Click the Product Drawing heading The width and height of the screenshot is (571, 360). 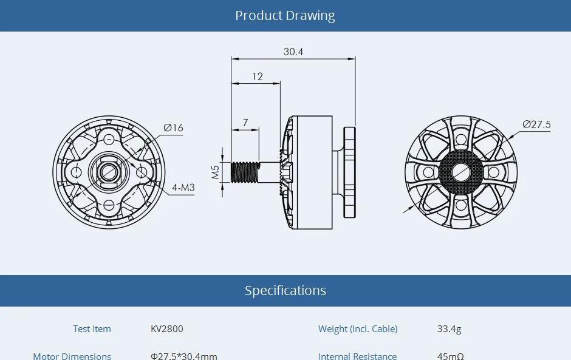[x=285, y=16]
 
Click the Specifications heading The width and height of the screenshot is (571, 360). [x=285, y=291]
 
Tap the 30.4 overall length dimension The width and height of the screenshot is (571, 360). [x=293, y=52]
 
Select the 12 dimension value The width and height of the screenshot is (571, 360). [x=258, y=76]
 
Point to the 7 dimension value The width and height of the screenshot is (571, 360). [x=245, y=122]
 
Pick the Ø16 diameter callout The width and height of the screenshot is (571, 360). [x=173, y=127]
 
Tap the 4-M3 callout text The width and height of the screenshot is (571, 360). [x=183, y=188]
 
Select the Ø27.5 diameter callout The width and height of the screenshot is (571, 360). [x=536, y=124]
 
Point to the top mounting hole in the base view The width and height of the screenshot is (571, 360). [x=109, y=139]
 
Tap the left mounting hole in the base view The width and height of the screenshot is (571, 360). [x=76, y=172]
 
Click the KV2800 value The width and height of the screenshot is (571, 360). [x=166, y=329]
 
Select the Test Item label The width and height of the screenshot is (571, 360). [x=92, y=329]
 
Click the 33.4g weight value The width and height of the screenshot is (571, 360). [x=449, y=329]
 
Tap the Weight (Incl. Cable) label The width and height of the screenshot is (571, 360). [x=358, y=329]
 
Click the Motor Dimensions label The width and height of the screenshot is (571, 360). [x=72, y=356]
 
